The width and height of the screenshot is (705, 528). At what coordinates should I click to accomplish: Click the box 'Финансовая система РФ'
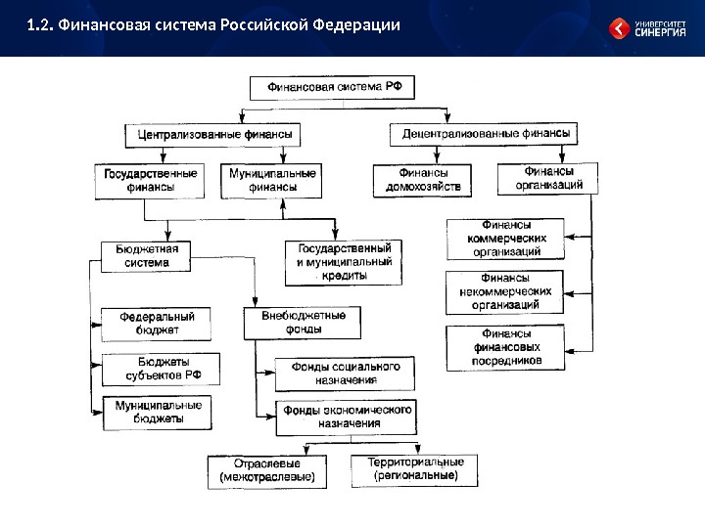pyautogui.click(x=335, y=88)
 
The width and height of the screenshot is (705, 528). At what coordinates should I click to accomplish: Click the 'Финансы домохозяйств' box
pyautogui.click(x=422, y=180)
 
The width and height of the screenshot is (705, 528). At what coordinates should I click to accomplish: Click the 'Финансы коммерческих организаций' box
pyautogui.click(x=506, y=239)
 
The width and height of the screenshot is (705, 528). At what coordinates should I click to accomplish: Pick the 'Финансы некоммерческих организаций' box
pyautogui.click(x=506, y=292)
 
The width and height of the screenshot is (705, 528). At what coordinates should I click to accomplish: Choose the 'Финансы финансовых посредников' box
pyautogui.click(x=506, y=347)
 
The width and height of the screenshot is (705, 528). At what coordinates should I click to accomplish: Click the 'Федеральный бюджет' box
pyautogui.click(x=157, y=323)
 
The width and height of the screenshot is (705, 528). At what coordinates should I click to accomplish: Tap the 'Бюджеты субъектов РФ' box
pyautogui.click(x=159, y=368)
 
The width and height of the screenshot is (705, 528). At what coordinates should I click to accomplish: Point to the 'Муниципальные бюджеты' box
pyautogui.click(x=159, y=412)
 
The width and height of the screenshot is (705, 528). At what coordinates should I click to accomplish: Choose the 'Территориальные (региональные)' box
pyautogui.click(x=416, y=467)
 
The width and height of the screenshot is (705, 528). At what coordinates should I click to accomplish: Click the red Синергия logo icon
pyautogui.click(x=620, y=28)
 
